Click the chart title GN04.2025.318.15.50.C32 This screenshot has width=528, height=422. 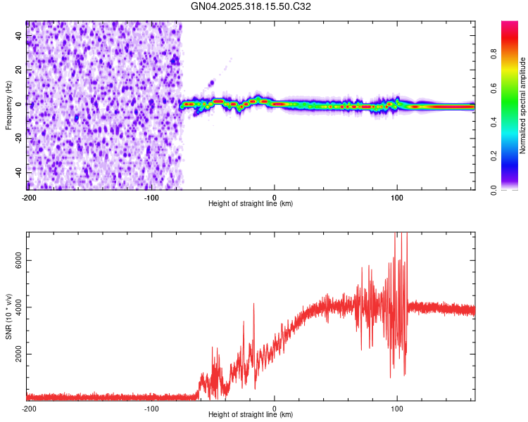251,7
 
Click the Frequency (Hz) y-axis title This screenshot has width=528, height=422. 8,105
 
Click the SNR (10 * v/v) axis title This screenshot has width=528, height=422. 8,316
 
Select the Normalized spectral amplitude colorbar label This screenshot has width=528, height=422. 523,105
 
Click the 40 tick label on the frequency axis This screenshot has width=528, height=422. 19,35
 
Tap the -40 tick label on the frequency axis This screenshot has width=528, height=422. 18,172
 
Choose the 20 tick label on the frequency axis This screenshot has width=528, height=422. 19,70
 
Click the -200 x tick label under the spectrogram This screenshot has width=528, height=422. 29,197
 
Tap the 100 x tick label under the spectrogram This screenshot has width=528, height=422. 397,197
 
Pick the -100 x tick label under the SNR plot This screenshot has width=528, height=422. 151,408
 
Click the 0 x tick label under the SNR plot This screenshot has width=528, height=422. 275,408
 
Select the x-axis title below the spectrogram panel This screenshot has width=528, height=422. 251,204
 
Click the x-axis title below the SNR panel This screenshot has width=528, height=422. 251,415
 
